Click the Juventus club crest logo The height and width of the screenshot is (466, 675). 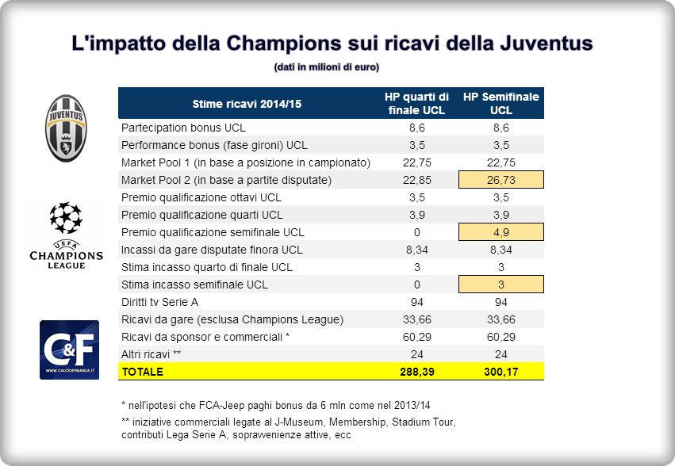tap(66, 128)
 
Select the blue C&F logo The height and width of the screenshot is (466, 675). tap(69, 349)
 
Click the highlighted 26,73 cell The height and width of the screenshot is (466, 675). tap(501, 180)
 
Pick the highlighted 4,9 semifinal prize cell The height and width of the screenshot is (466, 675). tap(501, 232)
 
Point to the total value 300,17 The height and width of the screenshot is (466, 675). tap(501, 372)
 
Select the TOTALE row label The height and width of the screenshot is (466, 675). tap(142, 372)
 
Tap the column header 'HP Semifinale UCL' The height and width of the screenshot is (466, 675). tap(501, 103)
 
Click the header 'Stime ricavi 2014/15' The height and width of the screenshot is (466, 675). tap(247, 103)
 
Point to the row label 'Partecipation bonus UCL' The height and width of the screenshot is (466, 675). tap(183, 128)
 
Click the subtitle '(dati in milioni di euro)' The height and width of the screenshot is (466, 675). tap(326, 67)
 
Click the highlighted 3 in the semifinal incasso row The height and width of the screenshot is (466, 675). tap(501, 285)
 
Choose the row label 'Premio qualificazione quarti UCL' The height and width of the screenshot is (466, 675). tap(201, 215)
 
